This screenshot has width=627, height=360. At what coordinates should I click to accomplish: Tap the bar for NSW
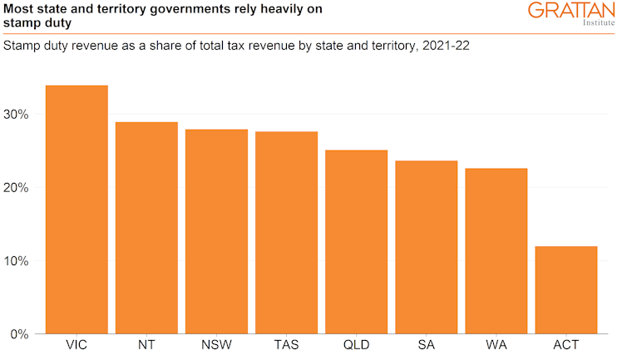point(216,230)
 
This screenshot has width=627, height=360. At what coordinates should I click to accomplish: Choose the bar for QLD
point(356,241)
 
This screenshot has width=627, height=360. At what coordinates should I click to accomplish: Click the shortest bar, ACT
point(565,289)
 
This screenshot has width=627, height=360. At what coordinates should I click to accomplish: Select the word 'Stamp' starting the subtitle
point(22,45)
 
